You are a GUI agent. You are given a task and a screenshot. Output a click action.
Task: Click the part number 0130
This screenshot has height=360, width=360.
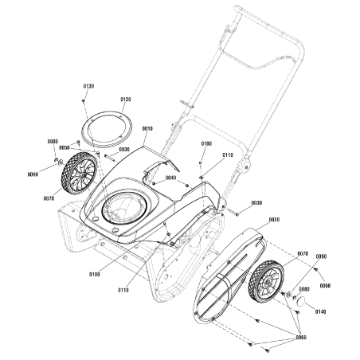click(x=88, y=85)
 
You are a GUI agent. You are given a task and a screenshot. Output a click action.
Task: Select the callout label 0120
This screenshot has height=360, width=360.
click(x=126, y=100)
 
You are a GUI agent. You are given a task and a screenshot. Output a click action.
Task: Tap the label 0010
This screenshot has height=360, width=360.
click(x=147, y=128)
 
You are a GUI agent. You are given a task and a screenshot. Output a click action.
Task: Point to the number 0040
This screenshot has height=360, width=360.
click(x=170, y=178)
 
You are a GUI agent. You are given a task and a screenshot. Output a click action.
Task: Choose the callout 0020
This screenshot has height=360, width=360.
click(x=274, y=219)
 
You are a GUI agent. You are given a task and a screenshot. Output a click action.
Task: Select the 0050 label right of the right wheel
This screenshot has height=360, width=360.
click(x=325, y=284)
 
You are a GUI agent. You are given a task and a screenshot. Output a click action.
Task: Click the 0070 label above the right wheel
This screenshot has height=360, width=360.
click(x=302, y=254)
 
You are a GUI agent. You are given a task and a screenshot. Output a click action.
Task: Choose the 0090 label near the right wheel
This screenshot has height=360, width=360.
click(x=322, y=256)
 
